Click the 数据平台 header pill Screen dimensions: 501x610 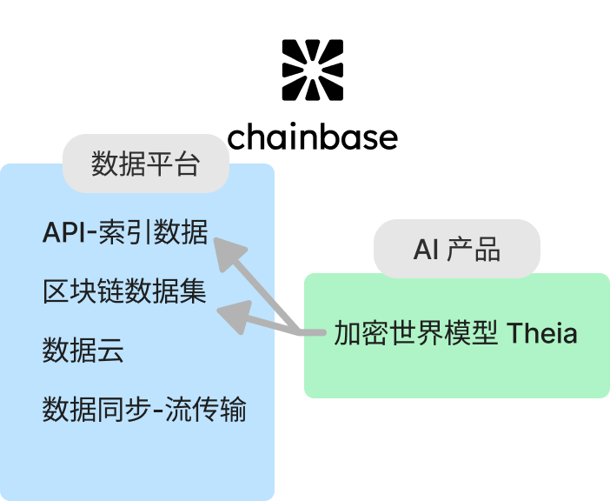(x=146, y=164)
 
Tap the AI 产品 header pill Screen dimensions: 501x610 (x=457, y=250)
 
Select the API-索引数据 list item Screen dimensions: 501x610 (x=125, y=233)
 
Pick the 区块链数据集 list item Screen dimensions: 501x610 (x=124, y=292)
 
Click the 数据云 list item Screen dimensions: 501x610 (x=83, y=351)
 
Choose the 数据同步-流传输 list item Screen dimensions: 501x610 (x=144, y=409)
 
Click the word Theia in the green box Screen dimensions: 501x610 (x=541, y=333)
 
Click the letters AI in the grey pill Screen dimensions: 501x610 (x=426, y=250)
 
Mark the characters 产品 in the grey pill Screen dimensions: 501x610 (x=474, y=250)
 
